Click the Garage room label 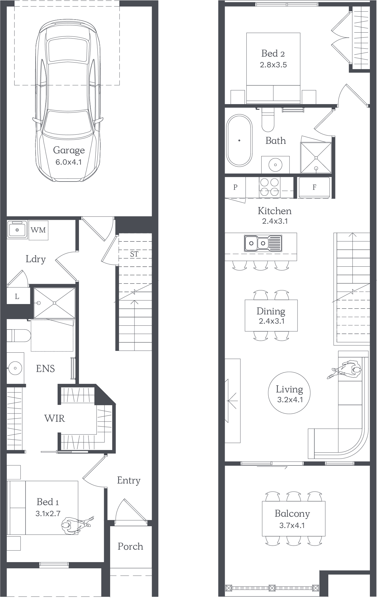point(69,150)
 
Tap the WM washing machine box point(38,230)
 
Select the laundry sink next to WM point(17,229)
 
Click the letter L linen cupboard point(17,296)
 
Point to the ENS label point(45,369)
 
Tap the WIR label point(55,419)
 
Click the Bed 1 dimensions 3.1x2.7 point(48,513)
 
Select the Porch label point(130,546)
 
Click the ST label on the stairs point(134,254)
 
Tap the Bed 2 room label point(273,53)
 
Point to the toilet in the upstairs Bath point(268,119)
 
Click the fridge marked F point(314,187)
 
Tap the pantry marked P point(235,187)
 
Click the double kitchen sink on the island point(263,243)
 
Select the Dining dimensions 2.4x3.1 point(272,321)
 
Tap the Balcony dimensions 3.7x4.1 point(292,526)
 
